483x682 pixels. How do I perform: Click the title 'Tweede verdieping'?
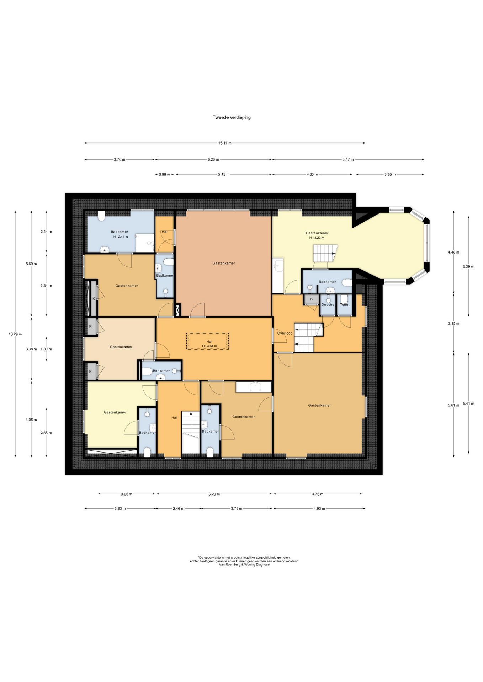coord(232,117)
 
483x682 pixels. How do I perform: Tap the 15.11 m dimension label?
coord(225,143)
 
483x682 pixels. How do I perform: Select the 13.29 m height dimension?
coord(15,334)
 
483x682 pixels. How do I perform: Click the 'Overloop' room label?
coord(285,333)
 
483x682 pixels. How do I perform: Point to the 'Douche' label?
coord(328,305)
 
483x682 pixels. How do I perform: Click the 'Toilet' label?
coord(345,305)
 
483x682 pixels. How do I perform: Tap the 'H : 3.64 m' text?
coord(209,346)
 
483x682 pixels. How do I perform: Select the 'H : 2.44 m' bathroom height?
coord(121,237)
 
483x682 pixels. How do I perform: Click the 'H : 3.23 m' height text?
coord(317,238)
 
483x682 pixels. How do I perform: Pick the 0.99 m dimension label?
coord(164,174)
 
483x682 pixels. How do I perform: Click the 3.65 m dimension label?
coord(390,174)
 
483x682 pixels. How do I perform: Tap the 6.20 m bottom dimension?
coord(214,494)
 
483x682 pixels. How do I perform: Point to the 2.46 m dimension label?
coord(179,509)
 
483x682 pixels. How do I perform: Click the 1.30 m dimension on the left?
coord(46,349)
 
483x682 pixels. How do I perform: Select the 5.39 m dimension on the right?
coord(468,266)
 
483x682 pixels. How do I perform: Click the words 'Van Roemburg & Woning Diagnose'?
coord(244,564)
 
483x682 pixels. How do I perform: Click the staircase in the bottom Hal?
coord(191,432)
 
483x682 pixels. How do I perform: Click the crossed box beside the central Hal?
coord(178,310)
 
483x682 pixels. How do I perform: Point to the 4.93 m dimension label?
coord(319,509)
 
